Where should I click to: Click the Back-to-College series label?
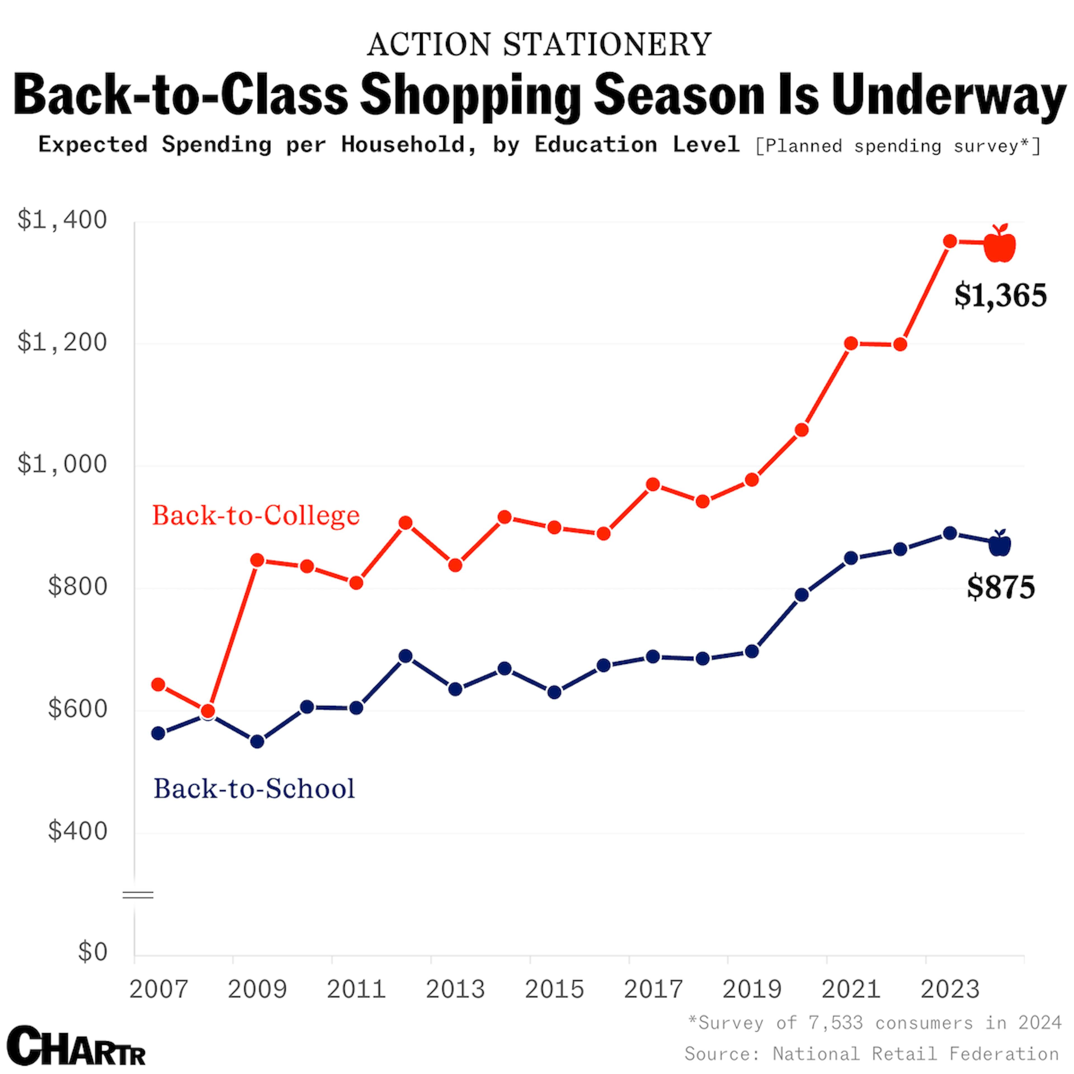[x=256, y=515]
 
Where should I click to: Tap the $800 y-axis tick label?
[x=77, y=587]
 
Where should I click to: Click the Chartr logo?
[x=76, y=1046]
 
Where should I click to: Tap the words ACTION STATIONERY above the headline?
[x=539, y=44]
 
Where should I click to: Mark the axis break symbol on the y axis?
[x=138, y=894]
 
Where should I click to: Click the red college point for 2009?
[x=257, y=560]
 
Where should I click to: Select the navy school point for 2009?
[x=257, y=741]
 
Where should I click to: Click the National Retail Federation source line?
[x=871, y=1054]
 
